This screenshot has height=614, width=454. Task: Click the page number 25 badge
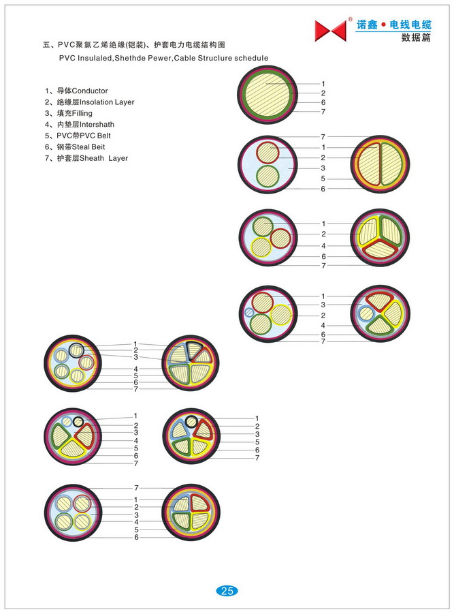227,591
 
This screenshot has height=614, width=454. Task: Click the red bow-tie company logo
330,31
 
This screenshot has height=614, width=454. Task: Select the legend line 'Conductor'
76,91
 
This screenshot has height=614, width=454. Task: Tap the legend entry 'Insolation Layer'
90,102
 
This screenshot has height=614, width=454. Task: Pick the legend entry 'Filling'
69,114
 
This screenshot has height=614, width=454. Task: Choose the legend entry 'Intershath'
80,125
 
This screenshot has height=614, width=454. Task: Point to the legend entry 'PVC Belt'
78,136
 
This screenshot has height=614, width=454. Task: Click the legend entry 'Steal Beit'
75,147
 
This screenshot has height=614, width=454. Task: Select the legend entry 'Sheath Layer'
86,158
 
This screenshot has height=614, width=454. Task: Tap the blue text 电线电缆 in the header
410,25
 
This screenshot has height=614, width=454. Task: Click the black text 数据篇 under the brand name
416,37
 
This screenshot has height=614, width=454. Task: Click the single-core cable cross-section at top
267,95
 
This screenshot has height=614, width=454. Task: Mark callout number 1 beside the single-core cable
323,84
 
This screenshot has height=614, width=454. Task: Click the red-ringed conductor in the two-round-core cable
268,153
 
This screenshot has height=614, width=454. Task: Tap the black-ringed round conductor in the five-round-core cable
76,350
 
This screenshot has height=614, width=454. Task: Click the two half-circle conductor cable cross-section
380,164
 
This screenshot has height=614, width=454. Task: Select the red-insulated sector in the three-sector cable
380,249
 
